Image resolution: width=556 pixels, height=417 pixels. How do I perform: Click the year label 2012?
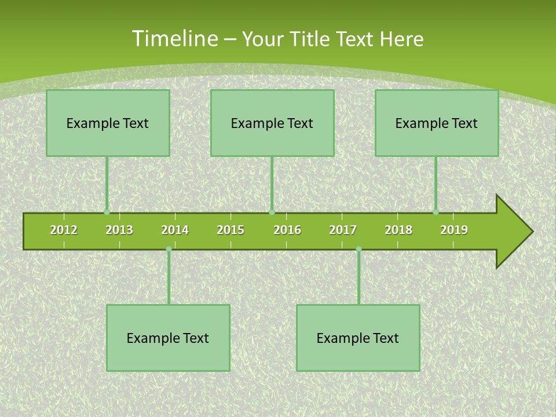pyautogui.click(x=64, y=230)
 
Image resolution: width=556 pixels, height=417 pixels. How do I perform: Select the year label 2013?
pyautogui.click(x=119, y=230)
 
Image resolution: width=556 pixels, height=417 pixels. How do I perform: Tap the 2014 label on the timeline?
pyautogui.click(x=175, y=230)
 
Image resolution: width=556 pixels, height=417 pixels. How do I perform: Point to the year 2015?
pyautogui.click(x=231, y=230)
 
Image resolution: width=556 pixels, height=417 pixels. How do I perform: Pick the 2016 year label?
pyautogui.click(x=287, y=230)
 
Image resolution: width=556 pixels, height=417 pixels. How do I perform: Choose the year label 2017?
pyautogui.click(x=343, y=230)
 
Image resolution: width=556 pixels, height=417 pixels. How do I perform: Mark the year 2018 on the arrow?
pyautogui.click(x=398, y=230)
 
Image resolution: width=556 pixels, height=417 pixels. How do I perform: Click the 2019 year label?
pyautogui.click(x=454, y=230)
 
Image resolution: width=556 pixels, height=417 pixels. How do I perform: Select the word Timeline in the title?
pyautogui.click(x=173, y=39)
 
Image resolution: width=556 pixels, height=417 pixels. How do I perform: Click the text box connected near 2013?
pyautogui.click(x=108, y=123)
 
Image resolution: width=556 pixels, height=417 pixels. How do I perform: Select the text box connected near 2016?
pyautogui.click(x=272, y=123)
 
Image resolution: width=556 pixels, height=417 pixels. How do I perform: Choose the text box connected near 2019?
pyautogui.click(x=437, y=123)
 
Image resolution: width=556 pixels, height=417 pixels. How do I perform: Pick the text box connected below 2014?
pyautogui.click(x=168, y=338)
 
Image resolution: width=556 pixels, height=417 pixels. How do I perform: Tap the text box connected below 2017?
pyautogui.click(x=358, y=338)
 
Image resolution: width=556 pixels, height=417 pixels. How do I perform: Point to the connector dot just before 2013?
pyautogui.click(x=107, y=213)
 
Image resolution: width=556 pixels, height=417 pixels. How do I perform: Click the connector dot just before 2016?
pyautogui.click(x=272, y=213)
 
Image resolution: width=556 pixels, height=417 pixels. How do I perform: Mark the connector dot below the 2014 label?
pyautogui.click(x=169, y=249)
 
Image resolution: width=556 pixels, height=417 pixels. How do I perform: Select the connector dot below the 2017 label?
pyautogui.click(x=359, y=249)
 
